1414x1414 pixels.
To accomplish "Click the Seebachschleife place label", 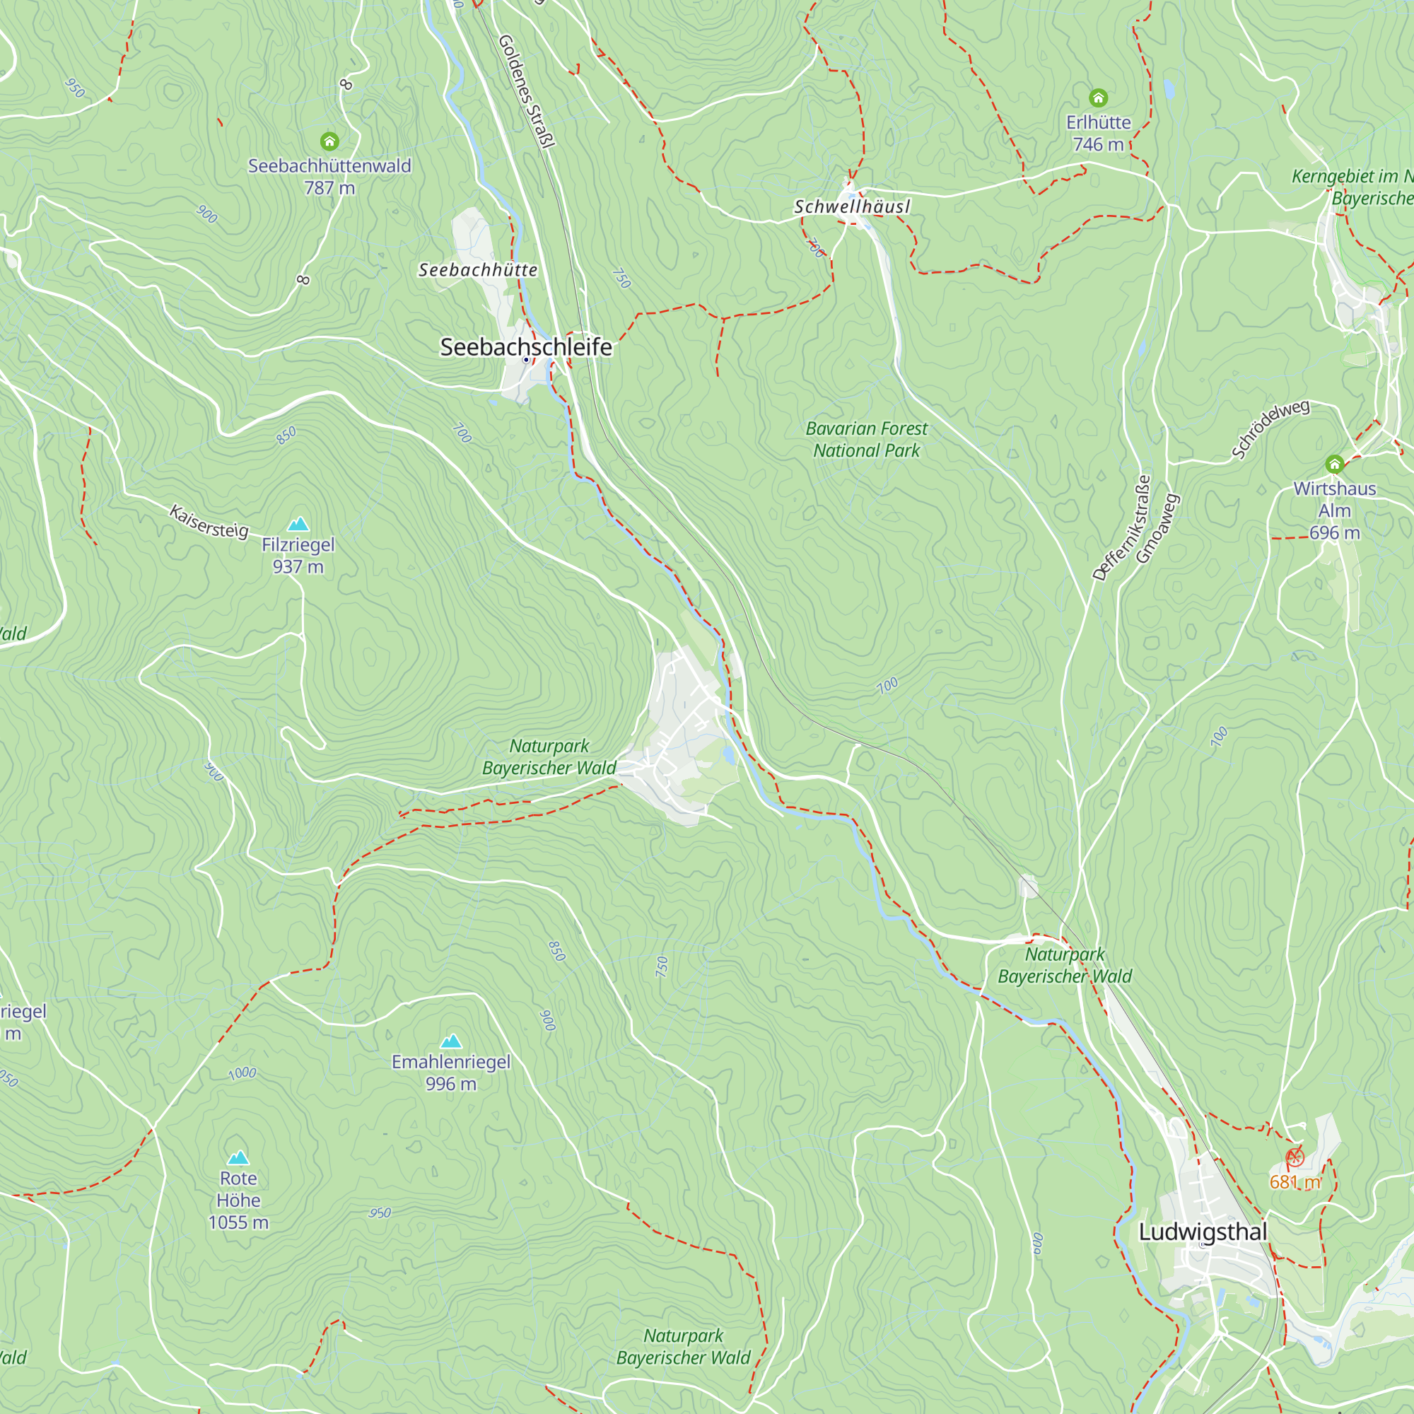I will pos(525,347).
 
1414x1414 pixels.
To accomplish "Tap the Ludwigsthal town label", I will pos(1203,1232).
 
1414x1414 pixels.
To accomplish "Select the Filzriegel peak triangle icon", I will pos(298,524).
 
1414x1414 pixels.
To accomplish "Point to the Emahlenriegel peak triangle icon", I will pos(451,1041).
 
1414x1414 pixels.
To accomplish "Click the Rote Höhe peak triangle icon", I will pos(238,1158).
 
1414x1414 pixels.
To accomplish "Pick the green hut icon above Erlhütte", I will pos(1098,98).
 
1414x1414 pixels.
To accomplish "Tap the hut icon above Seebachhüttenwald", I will pos(329,141).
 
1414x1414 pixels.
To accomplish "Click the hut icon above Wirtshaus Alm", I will pos(1334,464).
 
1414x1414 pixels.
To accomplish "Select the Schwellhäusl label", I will pos(852,207).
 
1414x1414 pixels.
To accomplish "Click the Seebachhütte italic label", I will pos(478,270).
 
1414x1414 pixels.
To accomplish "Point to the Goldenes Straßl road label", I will pos(525,91).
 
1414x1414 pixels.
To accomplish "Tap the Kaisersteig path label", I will pos(209,521).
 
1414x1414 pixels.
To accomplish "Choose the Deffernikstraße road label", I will pos(1121,527).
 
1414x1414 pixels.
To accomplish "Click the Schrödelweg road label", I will pos(1270,428).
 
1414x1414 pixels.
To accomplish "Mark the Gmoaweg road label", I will pos(1157,527).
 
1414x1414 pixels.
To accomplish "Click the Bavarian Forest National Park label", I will pos(866,439).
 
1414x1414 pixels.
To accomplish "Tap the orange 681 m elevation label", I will pos(1295,1182).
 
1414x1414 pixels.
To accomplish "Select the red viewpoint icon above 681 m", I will pos(1295,1157).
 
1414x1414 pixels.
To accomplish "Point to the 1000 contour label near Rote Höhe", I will pos(243,1074).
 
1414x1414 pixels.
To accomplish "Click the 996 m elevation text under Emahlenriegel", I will pos(451,1084).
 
